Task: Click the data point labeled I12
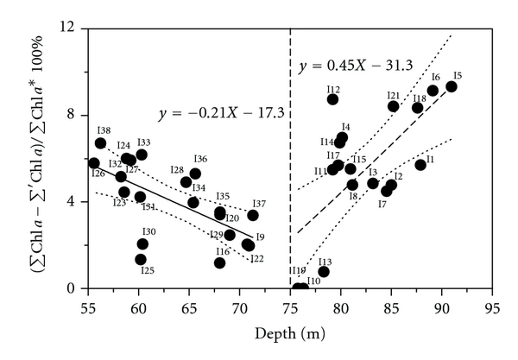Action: [x=332, y=99]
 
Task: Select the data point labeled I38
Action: [x=100, y=143]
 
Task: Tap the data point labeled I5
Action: [x=451, y=86]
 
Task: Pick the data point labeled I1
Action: [x=420, y=165]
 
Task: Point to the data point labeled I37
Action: [x=253, y=215]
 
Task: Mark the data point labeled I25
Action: [x=141, y=259]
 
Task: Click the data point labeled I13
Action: [x=324, y=271]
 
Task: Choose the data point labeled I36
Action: [x=195, y=174]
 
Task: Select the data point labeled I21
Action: [x=393, y=106]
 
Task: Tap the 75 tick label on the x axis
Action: [x=290, y=306]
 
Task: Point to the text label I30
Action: [x=148, y=231]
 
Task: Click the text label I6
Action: [x=435, y=78]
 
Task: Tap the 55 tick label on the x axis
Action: [x=89, y=306]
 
